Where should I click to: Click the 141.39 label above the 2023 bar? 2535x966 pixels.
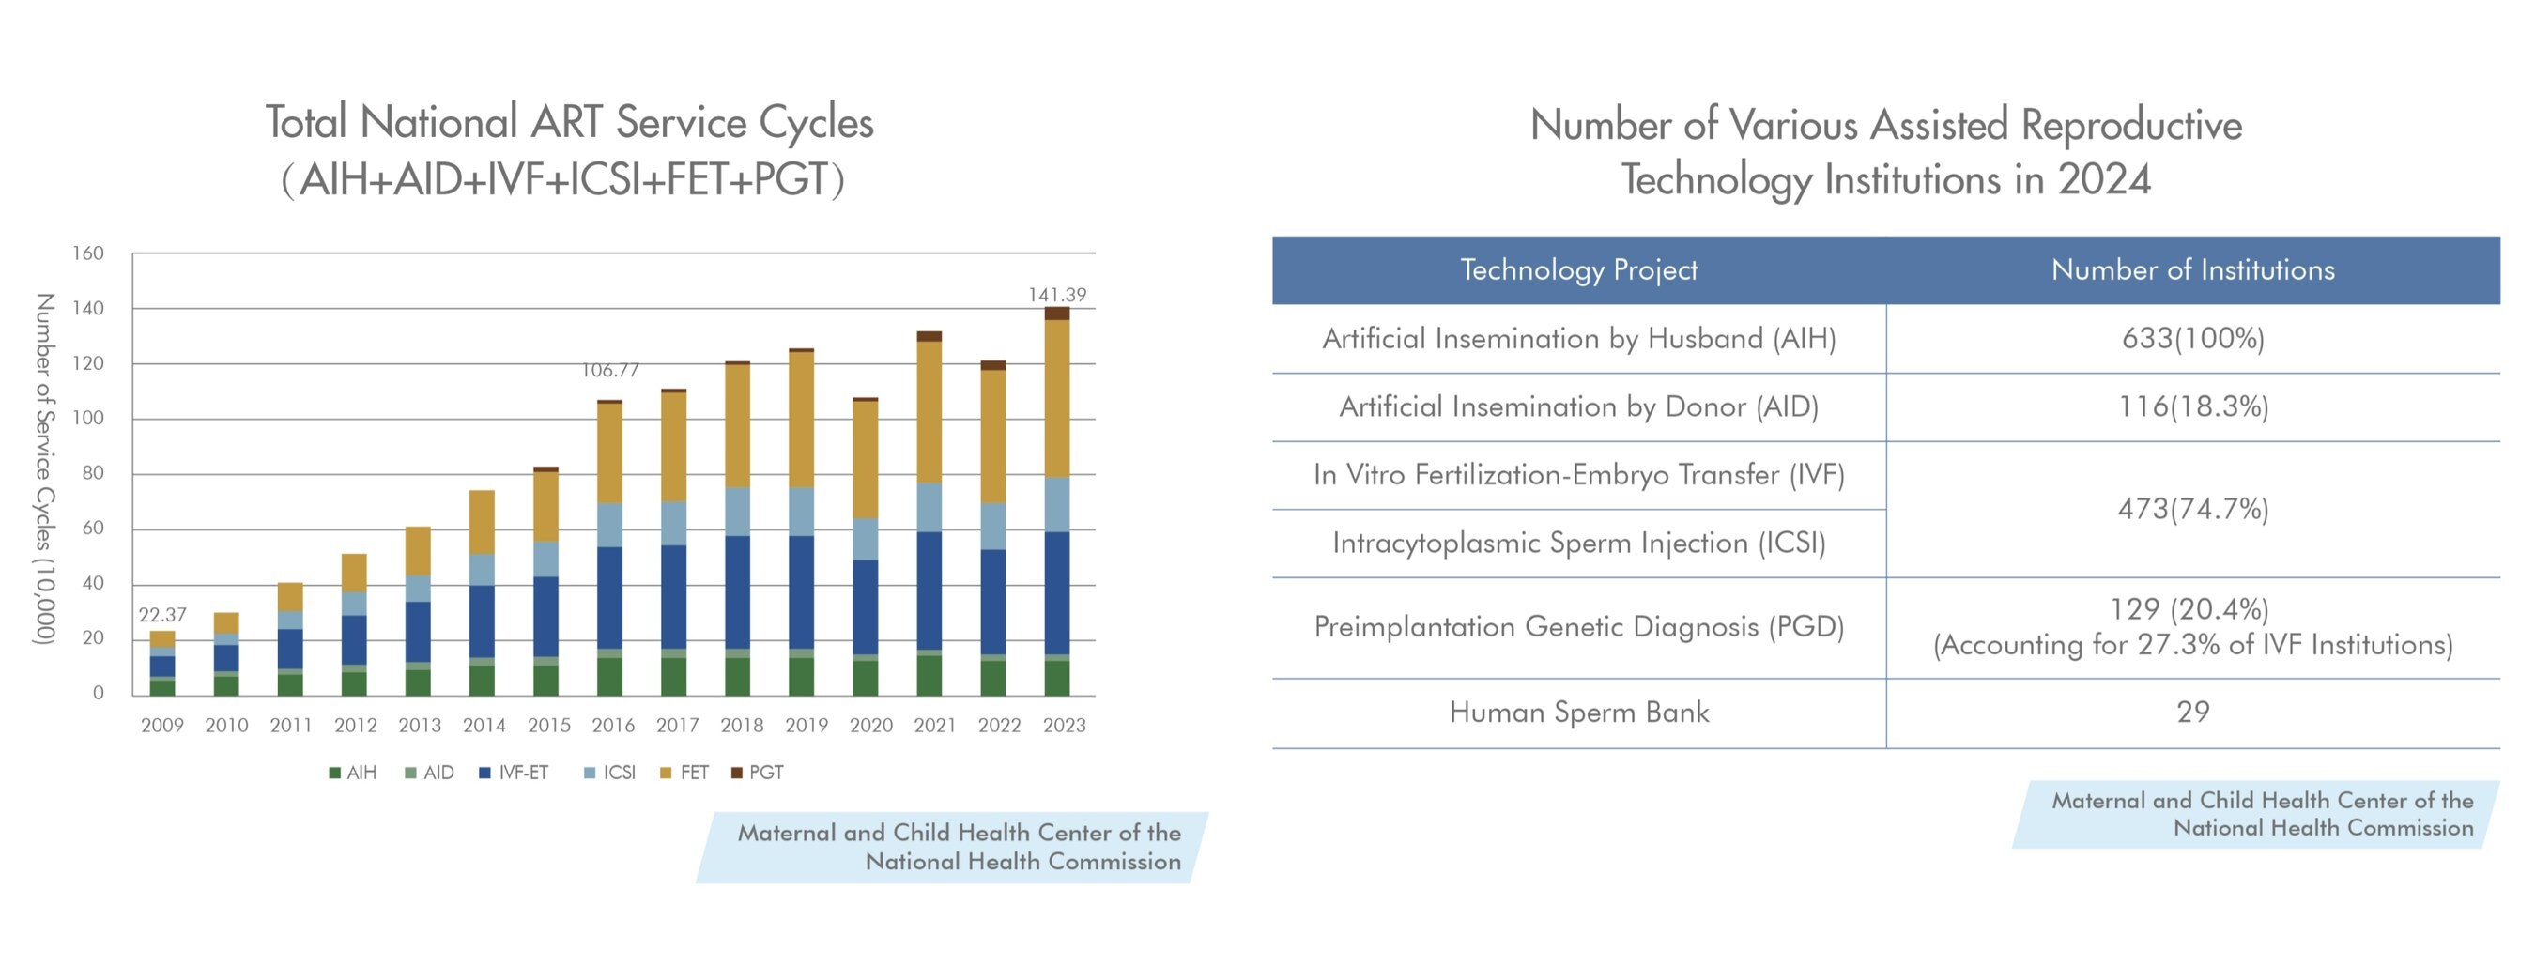coord(1057,295)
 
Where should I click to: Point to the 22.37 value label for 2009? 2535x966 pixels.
coord(161,615)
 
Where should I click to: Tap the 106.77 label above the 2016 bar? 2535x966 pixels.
coord(610,371)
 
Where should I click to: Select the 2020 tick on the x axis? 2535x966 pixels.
coord(871,726)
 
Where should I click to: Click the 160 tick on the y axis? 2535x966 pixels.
coord(87,253)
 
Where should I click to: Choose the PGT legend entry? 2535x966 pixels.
coord(758,774)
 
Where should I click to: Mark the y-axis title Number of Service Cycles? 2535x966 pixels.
coord(43,469)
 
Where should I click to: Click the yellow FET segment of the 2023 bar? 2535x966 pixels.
coord(1057,398)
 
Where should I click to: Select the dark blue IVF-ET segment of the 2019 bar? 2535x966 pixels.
coord(801,592)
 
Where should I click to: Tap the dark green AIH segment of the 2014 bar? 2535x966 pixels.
coord(482,680)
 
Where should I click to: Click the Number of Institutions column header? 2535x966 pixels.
coord(2192,270)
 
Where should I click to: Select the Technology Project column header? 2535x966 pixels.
coord(1578,270)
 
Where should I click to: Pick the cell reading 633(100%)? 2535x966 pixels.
coord(2192,338)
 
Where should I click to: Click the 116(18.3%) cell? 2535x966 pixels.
coord(2192,406)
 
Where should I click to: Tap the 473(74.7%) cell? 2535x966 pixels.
coord(2192,509)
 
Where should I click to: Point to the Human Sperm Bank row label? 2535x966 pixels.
coord(1578,713)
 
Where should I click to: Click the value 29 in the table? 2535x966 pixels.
coord(2192,713)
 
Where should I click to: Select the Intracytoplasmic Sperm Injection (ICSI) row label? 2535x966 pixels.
coord(1578,543)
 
